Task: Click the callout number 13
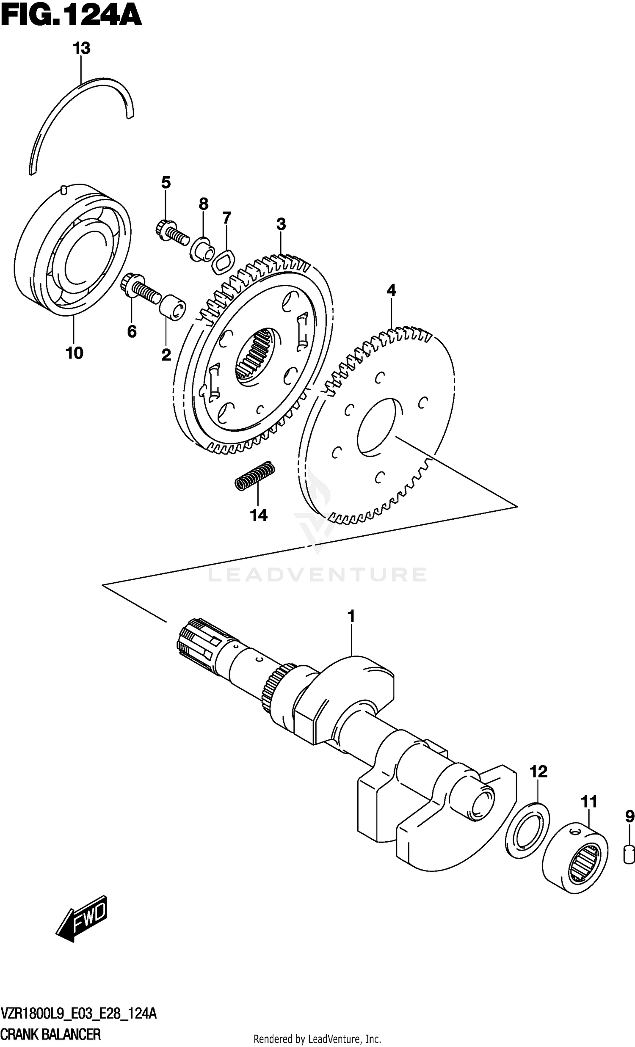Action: [81, 48]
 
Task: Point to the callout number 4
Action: [391, 291]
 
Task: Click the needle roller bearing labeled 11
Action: [574, 856]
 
